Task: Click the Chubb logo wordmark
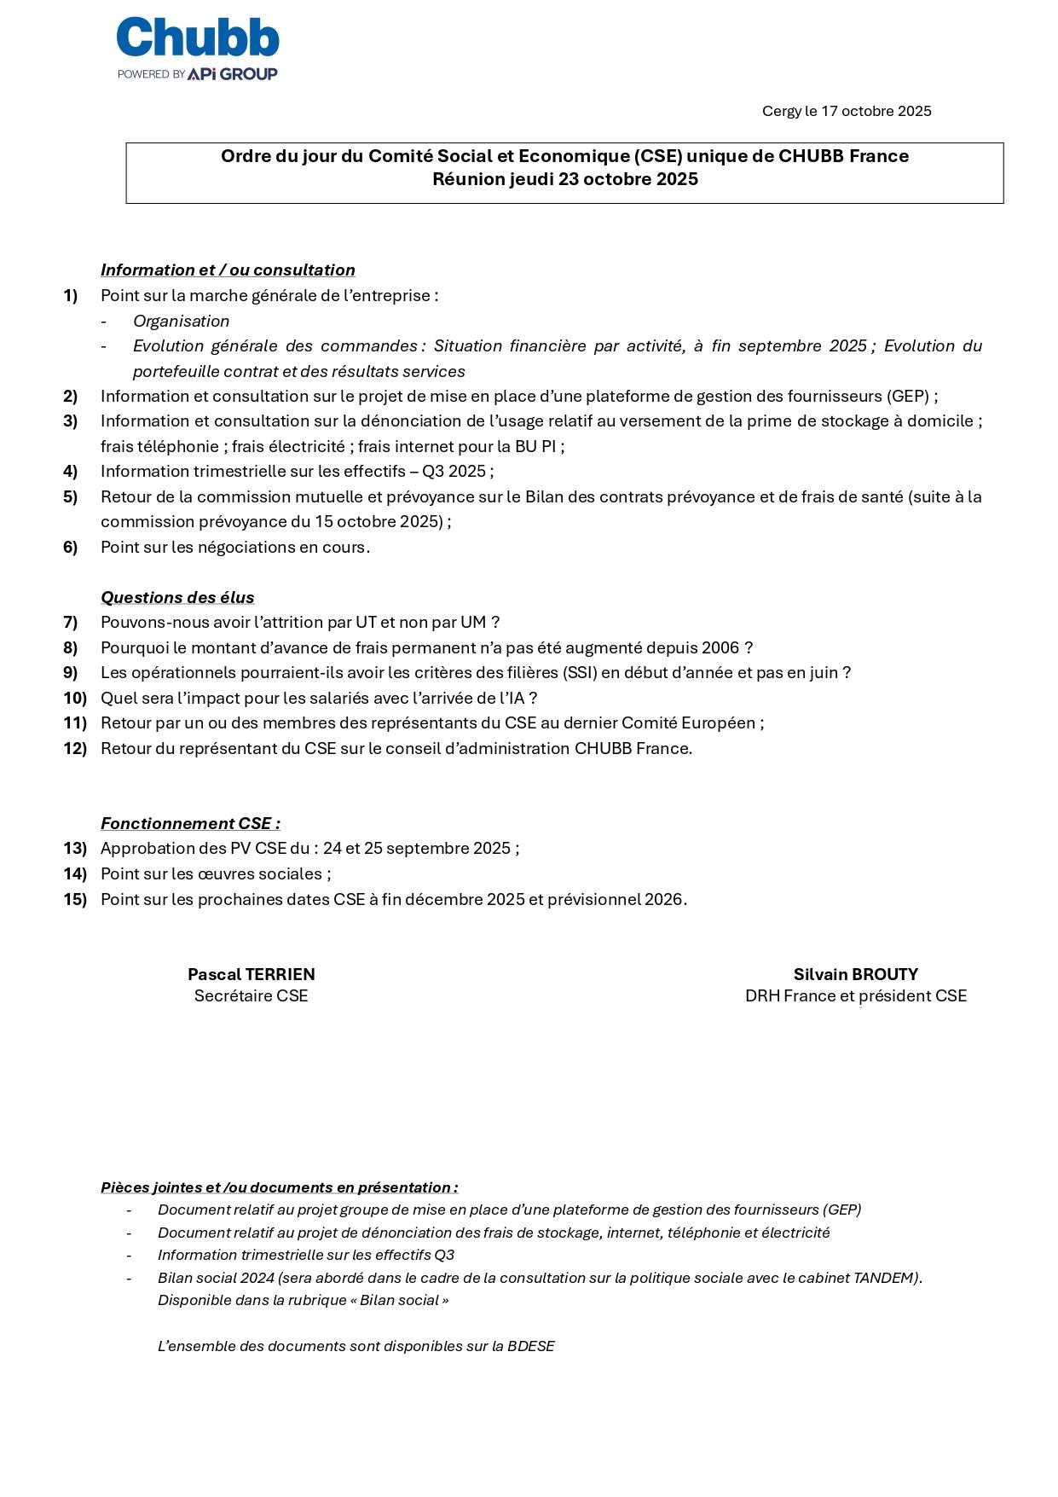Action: tap(198, 39)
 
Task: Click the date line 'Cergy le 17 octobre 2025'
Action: tap(846, 111)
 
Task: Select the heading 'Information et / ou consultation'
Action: tap(228, 270)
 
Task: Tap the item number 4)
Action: tap(70, 472)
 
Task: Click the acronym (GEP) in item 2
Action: tap(908, 397)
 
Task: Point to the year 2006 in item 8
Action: tap(720, 648)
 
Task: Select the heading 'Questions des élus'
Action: tap(177, 598)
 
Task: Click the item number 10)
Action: tap(75, 699)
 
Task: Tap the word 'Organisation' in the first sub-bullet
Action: tap(181, 322)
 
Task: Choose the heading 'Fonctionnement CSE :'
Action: tap(190, 824)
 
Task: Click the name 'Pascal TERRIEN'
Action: tap(251, 975)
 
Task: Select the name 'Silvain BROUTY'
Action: tap(855, 975)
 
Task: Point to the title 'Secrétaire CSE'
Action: tap(251, 996)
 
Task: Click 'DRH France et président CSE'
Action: tap(855, 996)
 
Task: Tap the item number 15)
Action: tap(75, 900)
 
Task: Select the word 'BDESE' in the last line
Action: tap(530, 1347)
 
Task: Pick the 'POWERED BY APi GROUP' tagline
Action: tap(198, 74)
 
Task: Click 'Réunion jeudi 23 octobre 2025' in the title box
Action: tap(564, 179)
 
